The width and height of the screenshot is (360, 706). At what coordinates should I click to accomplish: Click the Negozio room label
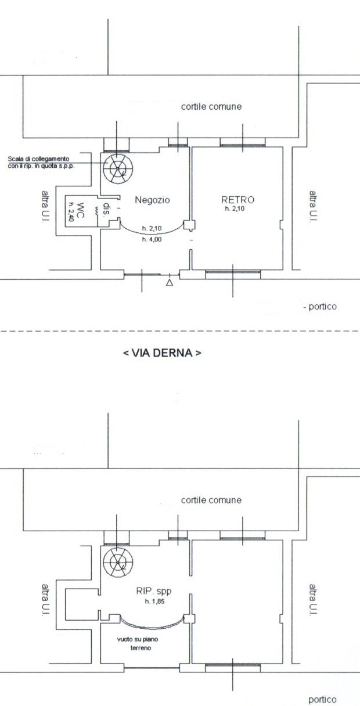point(152,200)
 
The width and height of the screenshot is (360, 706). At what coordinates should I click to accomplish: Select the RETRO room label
point(237,200)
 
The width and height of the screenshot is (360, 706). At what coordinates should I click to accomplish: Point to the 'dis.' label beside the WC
point(107,210)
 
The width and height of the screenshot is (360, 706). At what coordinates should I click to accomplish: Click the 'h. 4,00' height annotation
point(152,240)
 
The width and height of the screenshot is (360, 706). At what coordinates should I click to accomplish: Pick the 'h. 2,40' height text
point(71,211)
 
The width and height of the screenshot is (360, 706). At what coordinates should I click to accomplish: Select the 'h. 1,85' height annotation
point(154,601)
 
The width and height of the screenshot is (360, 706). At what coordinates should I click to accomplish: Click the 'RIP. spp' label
point(154,591)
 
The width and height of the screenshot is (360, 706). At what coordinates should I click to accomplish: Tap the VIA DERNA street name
point(162,353)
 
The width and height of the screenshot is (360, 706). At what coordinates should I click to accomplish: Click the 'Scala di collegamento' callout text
point(38,159)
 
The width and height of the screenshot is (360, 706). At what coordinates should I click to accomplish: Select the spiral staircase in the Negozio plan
point(118,169)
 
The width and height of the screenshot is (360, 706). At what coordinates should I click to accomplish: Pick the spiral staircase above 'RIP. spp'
point(118,563)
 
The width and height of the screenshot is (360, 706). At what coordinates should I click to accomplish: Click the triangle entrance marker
point(170,282)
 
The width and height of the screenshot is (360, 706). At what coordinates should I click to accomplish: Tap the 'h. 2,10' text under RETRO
point(235,208)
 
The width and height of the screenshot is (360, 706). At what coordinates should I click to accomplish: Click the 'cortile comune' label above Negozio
point(211,106)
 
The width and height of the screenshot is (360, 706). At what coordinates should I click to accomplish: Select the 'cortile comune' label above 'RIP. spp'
point(211,500)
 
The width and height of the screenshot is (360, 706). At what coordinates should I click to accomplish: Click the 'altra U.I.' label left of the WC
point(45,207)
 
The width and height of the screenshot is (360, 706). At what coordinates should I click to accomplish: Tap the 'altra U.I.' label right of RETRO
point(312,207)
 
